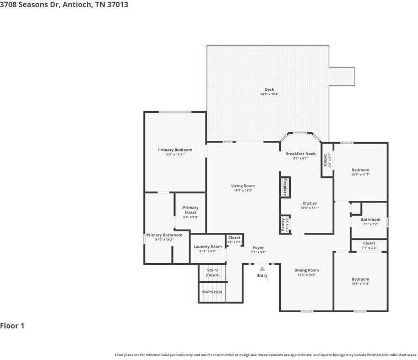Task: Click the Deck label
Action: (x=269, y=92)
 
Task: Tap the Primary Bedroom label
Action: (x=175, y=152)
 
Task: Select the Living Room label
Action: (x=243, y=188)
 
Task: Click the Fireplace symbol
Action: (x=285, y=187)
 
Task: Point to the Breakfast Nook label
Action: (x=301, y=156)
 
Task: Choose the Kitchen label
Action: (x=310, y=205)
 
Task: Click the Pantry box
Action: (x=285, y=224)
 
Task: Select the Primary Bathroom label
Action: (x=164, y=237)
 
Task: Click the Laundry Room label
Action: (x=208, y=249)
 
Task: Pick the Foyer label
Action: (x=258, y=250)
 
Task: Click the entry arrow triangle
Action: (x=262, y=269)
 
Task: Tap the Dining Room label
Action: (x=306, y=272)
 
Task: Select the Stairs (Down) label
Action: (x=213, y=272)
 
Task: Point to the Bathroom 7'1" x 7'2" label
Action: (x=370, y=222)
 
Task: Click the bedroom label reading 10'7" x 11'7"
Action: (x=360, y=172)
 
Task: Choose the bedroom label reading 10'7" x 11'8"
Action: (x=360, y=281)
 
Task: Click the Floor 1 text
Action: (x=13, y=326)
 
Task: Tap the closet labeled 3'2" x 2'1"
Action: (x=235, y=239)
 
